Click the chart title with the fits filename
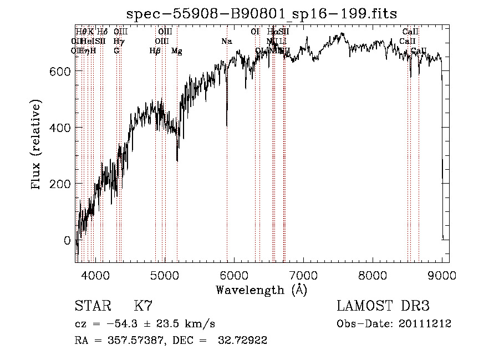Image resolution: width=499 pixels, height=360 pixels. click(262, 13)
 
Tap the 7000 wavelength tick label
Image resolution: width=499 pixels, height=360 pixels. click(303, 275)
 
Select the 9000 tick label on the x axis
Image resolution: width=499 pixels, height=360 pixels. click(442, 275)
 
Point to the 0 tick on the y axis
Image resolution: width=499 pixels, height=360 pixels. click(67, 241)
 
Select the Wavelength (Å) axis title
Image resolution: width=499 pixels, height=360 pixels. click(261, 290)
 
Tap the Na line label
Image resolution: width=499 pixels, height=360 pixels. click(226, 42)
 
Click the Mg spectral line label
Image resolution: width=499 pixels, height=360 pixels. click(176, 51)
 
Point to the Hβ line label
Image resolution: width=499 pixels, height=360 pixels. click(155, 51)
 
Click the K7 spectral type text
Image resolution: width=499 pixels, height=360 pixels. click(143, 306)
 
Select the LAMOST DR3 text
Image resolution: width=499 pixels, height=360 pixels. click(383, 306)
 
